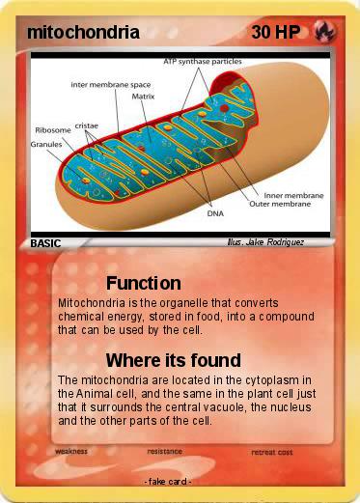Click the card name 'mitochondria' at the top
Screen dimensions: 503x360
tap(83, 33)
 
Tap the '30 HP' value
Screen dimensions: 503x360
tap(274, 33)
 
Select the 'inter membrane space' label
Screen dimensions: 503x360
tap(111, 84)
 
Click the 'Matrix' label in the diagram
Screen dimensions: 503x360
tap(143, 97)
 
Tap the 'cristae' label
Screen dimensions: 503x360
tap(88, 126)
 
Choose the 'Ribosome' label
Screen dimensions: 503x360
tap(52, 129)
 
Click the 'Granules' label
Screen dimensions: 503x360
tap(46, 144)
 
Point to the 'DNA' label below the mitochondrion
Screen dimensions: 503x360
tap(215, 214)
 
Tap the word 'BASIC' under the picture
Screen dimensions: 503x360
tap(45, 244)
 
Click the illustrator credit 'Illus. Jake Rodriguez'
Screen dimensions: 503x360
tap(264, 243)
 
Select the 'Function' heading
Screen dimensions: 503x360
tap(144, 283)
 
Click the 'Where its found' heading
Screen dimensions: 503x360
tap(173, 361)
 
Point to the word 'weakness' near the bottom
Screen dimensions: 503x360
tap(72, 451)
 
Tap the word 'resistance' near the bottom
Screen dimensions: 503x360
tap(165, 451)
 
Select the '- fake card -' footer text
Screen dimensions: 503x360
tap(167, 481)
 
